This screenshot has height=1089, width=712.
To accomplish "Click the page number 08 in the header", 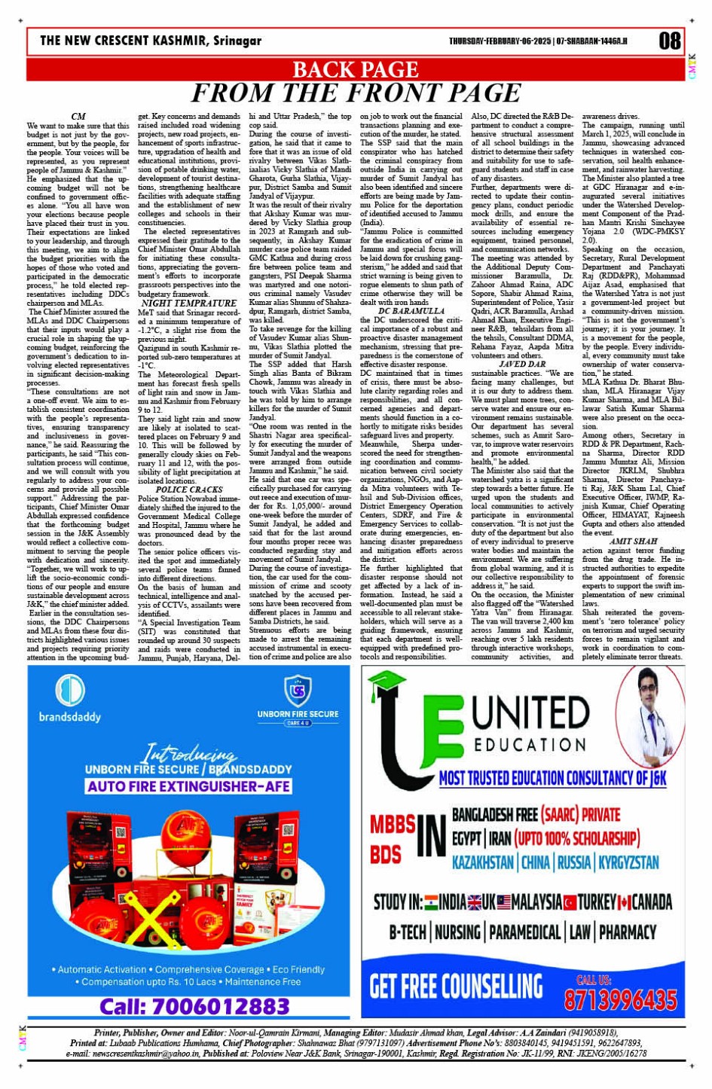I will click(x=669, y=41).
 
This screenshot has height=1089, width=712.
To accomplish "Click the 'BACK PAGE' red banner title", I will click(x=355, y=69).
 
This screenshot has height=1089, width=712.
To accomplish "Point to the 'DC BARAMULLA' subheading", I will click(x=411, y=310).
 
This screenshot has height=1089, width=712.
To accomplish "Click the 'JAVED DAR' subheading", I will click(x=522, y=364).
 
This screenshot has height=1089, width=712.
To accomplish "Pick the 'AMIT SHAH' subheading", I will click(x=633, y=541).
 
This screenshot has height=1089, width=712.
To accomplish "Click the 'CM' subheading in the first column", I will click(x=78, y=117).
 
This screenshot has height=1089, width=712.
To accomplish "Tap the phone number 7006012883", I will click(x=194, y=1006).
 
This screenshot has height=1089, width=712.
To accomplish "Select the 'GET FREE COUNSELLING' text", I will click(x=456, y=986).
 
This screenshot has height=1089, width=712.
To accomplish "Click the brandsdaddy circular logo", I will click(x=70, y=691).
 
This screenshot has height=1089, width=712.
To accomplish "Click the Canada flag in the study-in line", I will click(x=625, y=902).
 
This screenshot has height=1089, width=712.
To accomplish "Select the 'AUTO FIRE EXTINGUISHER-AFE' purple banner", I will click(x=188, y=786).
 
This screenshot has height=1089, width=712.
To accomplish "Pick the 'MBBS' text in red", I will click(x=393, y=825).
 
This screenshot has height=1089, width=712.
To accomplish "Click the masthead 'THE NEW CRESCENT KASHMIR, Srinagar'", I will click(x=151, y=41).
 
